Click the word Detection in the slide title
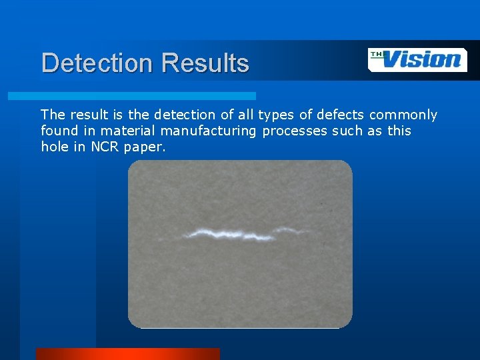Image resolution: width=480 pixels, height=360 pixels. pos(97,63)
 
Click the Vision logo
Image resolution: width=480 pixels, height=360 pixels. pos(417,59)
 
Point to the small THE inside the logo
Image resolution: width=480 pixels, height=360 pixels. pos(377,55)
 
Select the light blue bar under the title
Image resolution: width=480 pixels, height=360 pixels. pos(131,96)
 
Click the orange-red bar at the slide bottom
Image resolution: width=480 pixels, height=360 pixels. pos(127,353)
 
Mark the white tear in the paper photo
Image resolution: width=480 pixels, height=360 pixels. pos(240,234)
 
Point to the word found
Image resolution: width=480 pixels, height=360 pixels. pos(57,131)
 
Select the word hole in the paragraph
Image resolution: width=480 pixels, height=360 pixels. pos(55,147)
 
